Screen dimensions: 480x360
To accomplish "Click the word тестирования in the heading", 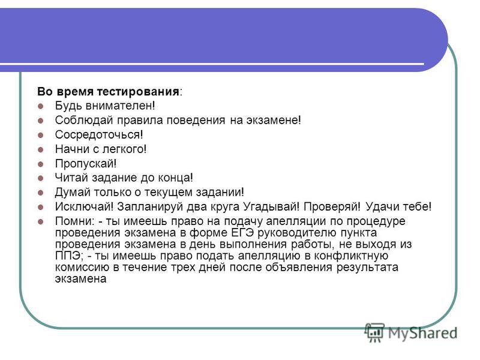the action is pyautogui.click(x=138, y=92).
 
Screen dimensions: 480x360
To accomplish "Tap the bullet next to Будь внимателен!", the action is pyautogui.click(x=40, y=107).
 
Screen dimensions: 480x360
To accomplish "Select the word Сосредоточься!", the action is pyautogui.click(x=99, y=134).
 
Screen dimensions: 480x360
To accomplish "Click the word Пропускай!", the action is pyautogui.click(x=86, y=164).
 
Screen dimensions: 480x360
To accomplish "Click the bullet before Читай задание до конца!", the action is pyautogui.click(x=40, y=178).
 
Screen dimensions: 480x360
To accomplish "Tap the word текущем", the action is pyautogui.click(x=168, y=193).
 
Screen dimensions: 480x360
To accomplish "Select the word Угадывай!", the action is pyautogui.click(x=271, y=206).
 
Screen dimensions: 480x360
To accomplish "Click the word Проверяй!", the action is pyautogui.click(x=332, y=206).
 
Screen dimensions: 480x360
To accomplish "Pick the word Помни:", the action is pyautogui.click(x=75, y=221).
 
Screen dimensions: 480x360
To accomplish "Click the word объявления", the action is pyautogui.click(x=299, y=267).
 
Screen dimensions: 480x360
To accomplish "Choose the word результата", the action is pyautogui.click(x=367, y=268).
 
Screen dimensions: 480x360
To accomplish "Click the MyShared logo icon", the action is pyautogui.click(x=374, y=332).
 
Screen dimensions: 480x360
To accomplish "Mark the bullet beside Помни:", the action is pyautogui.click(x=40, y=221).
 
